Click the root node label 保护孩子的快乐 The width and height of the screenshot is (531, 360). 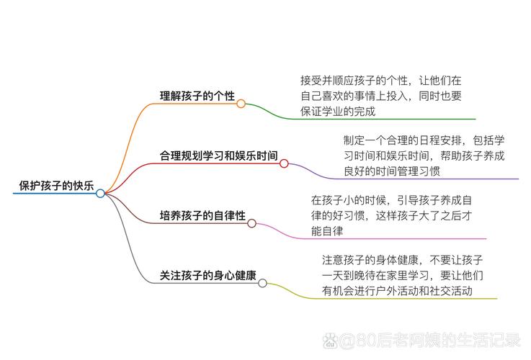[x=56, y=185]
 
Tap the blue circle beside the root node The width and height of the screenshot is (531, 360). [x=100, y=193]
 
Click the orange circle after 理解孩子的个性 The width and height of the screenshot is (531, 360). [x=241, y=104]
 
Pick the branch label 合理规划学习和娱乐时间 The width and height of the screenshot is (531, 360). [x=219, y=155]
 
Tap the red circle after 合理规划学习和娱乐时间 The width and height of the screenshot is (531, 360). [x=284, y=163]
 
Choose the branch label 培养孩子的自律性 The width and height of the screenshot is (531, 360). [x=202, y=215]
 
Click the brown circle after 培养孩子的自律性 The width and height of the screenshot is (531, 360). [x=252, y=223]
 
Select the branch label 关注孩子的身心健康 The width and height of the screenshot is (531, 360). [x=208, y=275]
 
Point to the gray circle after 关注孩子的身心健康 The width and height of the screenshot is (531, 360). [x=263, y=283]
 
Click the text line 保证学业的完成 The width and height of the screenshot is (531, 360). [x=338, y=112]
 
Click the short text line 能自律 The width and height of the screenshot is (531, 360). [x=326, y=231]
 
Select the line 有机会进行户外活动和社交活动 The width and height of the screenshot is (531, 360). [x=398, y=291]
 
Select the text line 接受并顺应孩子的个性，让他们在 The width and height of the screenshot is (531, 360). [x=381, y=80]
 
